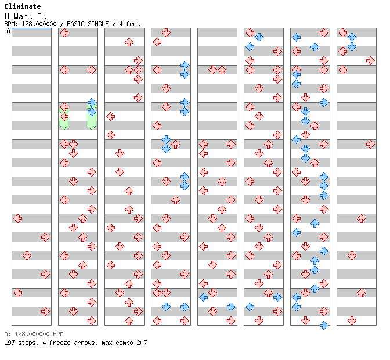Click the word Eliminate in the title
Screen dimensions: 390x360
point(23,6)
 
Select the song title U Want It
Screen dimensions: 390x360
point(26,16)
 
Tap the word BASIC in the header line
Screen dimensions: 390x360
point(77,24)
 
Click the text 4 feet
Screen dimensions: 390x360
point(129,24)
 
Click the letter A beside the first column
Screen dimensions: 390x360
point(8,31)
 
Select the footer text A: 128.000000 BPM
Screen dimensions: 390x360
point(34,334)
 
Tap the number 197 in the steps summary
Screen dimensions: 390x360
point(9,343)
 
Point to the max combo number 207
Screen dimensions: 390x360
point(142,343)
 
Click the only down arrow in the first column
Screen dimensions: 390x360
point(27,255)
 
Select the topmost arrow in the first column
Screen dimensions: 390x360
point(17,219)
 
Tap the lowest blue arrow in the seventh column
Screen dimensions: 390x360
point(324,325)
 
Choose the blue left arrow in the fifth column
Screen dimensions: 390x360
point(204,297)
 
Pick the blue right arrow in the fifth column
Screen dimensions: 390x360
point(231,307)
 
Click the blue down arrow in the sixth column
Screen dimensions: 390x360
point(259,38)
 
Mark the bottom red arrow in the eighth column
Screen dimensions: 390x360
point(352,321)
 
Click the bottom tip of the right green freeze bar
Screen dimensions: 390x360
point(92,129)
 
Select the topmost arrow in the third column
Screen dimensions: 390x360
point(129,42)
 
